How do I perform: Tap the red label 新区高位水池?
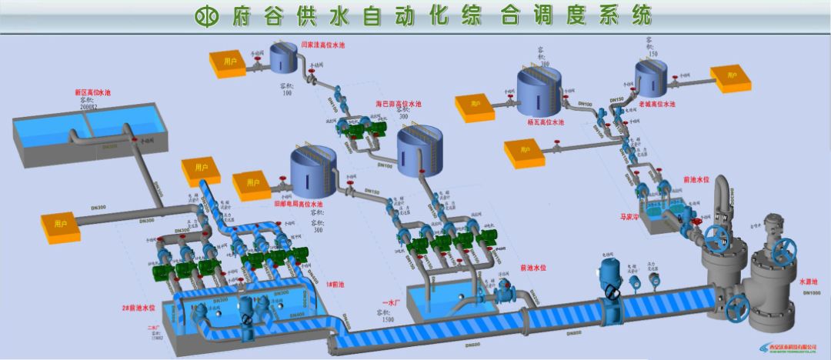[92, 92]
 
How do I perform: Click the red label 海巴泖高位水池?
[399, 103]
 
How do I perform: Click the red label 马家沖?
[652, 217]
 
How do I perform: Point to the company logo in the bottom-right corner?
[791, 348]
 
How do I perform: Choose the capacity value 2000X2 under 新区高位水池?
[92, 108]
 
